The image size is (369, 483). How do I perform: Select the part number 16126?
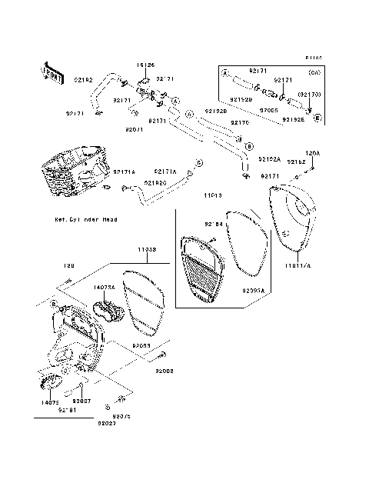(x=147, y=66)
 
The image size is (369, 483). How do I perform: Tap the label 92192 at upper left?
(x=84, y=79)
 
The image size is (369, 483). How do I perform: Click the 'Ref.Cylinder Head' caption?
(x=87, y=219)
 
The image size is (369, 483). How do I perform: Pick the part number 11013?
(x=212, y=196)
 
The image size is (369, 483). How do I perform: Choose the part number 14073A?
(x=105, y=287)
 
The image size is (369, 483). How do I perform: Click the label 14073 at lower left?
(x=48, y=401)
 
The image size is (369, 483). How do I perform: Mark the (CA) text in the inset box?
(x=314, y=72)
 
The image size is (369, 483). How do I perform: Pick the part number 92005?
(x=268, y=110)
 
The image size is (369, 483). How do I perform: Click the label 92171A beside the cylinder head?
(x=124, y=172)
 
